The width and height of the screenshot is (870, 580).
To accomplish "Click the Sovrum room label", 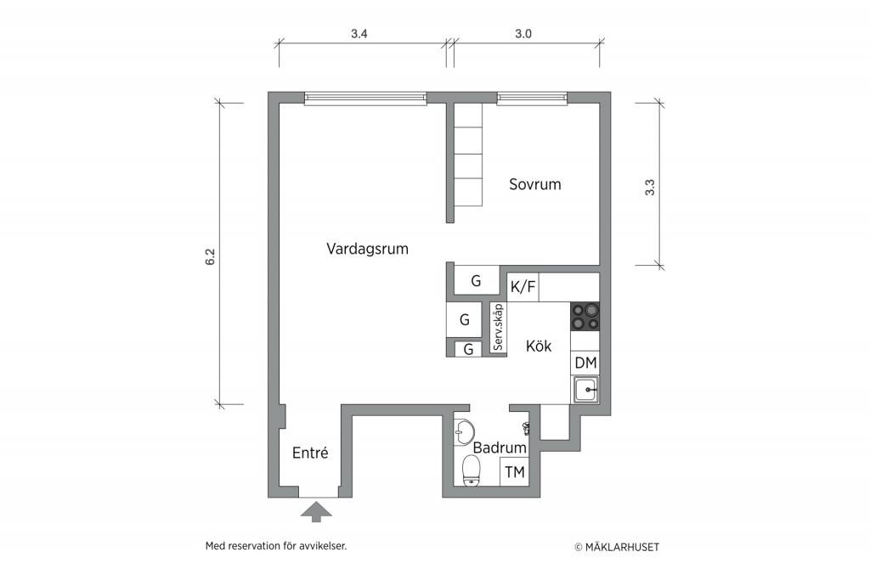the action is tap(535, 184).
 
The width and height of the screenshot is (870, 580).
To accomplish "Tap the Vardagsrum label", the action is tap(367, 249).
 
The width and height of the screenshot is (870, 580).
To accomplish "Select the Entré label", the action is tap(310, 453).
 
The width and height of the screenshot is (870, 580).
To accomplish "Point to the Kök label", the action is tap(538, 346).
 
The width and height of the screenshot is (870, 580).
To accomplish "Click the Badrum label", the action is tap(500, 448).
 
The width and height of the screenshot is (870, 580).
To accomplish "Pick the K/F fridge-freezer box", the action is tap(523, 287).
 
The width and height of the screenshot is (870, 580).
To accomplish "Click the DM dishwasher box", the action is tap(585, 363).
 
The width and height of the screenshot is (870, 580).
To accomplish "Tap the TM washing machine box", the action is tap(514, 472).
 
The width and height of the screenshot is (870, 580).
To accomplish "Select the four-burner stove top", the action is tap(585, 317).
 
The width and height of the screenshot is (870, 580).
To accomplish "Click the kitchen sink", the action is tap(585, 389).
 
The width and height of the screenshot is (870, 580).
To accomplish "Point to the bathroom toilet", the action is tap(472, 470).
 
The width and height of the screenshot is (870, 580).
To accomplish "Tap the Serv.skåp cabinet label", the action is tap(498, 327).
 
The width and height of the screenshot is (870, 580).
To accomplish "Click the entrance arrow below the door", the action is tap(316, 511).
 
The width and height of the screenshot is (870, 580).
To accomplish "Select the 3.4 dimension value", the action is tap(359, 34).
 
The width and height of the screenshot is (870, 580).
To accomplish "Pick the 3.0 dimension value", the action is tap(523, 34).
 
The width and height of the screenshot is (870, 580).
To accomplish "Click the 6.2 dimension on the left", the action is tap(210, 256).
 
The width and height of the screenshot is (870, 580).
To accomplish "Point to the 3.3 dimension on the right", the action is tap(650, 188).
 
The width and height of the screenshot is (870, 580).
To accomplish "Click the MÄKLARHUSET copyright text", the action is tap(617, 547).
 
